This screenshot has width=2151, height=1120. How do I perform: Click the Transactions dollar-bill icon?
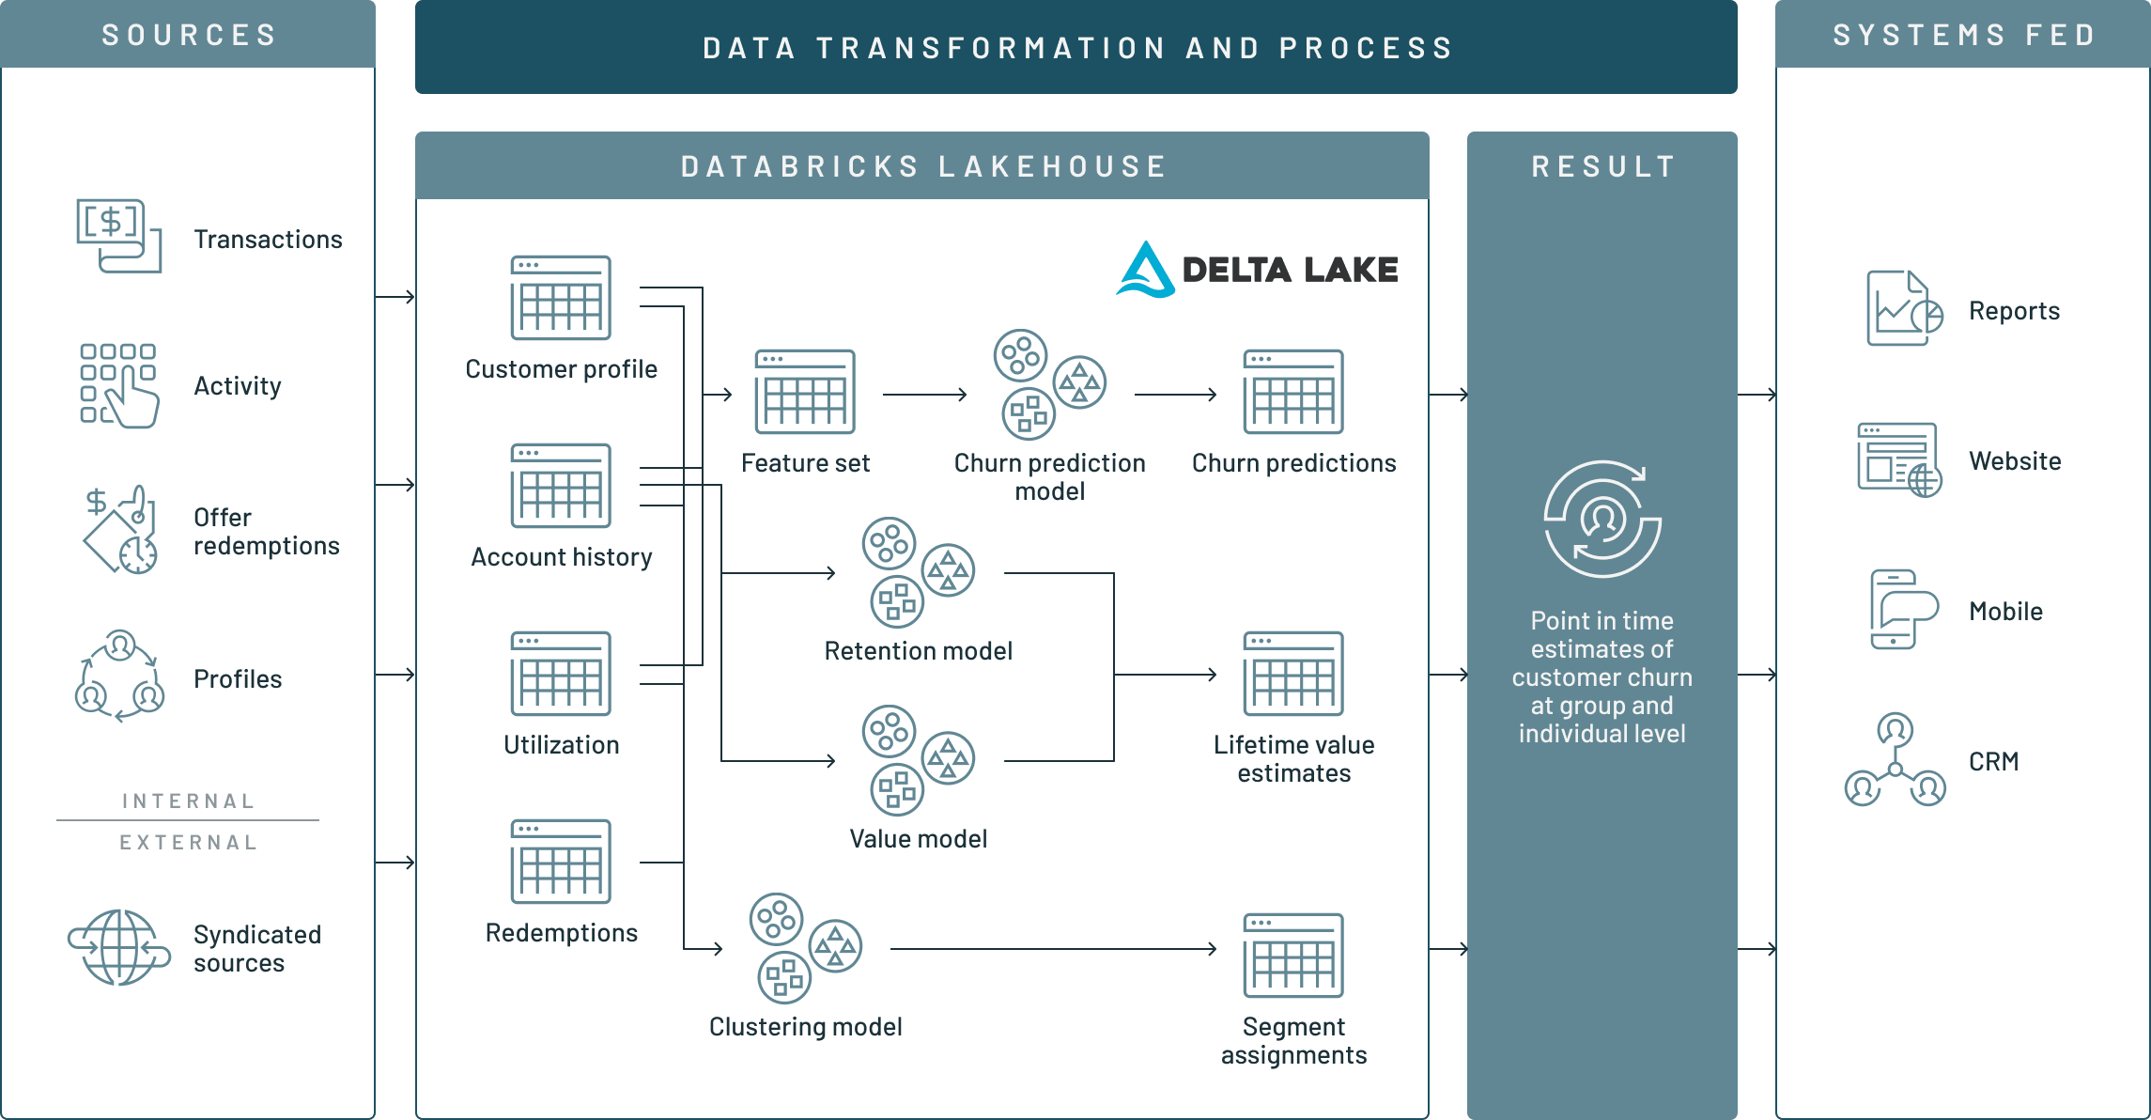coord(118,235)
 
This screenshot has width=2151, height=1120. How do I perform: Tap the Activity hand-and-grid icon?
coord(118,385)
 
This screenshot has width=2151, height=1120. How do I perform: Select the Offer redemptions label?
coord(266,532)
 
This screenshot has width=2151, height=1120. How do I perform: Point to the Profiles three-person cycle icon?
coord(119,677)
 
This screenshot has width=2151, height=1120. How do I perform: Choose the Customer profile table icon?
coord(561,298)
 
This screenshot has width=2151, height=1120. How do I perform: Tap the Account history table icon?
coord(561,486)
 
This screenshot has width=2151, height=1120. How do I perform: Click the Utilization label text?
coord(561,745)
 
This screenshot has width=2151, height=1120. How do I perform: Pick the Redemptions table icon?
coord(561,862)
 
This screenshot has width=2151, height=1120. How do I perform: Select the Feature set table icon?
coord(805,392)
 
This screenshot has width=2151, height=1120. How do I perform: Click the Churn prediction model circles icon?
coord(1049,384)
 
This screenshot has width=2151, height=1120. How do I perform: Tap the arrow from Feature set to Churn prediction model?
coord(924,395)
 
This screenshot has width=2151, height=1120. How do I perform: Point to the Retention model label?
coord(918,651)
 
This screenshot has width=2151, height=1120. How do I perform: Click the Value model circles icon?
coord(918,760)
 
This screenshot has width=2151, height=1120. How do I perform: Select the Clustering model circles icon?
coord(805,948)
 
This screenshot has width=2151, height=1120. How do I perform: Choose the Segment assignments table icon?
coord(1293,956)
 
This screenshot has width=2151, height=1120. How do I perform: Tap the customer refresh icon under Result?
coord(1602,519)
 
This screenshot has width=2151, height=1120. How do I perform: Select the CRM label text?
coord(1993,761)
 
